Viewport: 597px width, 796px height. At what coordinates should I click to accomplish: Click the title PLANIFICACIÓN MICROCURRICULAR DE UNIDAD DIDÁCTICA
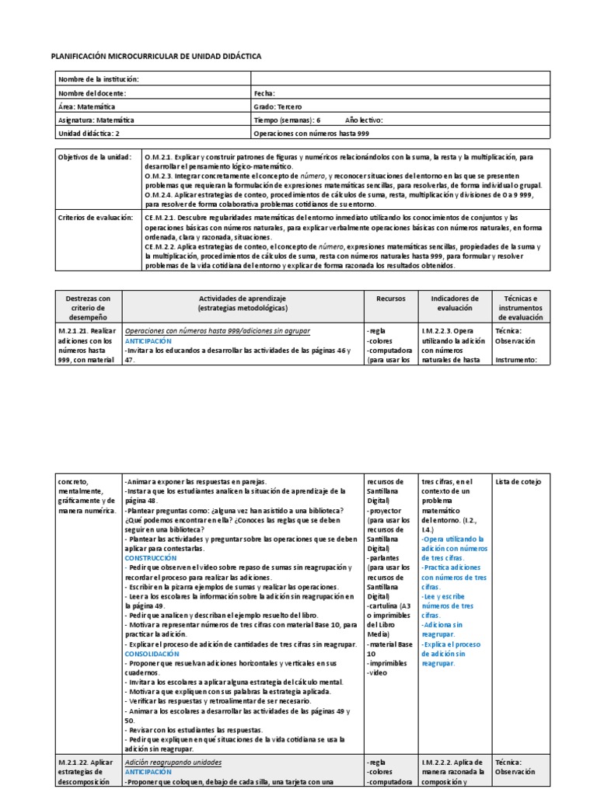155,57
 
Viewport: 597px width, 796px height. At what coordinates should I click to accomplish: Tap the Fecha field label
265,93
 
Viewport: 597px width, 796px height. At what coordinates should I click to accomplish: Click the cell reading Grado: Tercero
278,106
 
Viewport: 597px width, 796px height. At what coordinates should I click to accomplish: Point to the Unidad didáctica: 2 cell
89,134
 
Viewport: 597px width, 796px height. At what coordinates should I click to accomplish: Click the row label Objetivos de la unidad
96,156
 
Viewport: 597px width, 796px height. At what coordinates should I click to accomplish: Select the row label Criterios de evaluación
96,217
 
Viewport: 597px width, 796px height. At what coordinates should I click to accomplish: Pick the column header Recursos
391,298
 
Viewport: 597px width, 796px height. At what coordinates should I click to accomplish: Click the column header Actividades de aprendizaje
243,298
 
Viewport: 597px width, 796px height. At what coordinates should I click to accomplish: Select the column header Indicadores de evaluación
454,303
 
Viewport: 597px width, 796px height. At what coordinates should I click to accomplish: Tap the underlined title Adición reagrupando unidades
173,762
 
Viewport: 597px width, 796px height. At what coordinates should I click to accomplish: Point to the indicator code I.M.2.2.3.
445,330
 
